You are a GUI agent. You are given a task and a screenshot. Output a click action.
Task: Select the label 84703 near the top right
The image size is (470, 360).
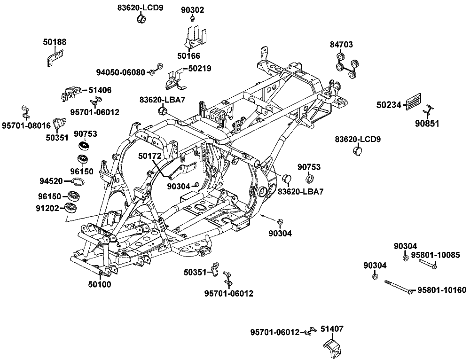(341, 45)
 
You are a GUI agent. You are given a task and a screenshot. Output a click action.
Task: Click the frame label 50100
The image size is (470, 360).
(100, 284)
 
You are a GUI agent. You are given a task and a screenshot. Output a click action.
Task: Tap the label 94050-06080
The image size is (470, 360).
(121, 72)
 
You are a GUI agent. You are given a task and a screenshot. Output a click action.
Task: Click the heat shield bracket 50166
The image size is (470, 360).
(196, 38)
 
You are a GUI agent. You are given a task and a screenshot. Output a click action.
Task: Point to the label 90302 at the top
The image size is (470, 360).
(193, 9)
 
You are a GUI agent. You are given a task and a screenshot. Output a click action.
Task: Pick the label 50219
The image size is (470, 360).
(200, 68)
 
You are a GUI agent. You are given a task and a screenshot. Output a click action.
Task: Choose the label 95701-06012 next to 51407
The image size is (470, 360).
(275, 332)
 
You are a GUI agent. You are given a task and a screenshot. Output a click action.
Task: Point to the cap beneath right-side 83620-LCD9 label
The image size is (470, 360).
(358, 151)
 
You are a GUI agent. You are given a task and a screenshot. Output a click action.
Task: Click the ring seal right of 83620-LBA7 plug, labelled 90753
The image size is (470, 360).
(311, 180)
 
